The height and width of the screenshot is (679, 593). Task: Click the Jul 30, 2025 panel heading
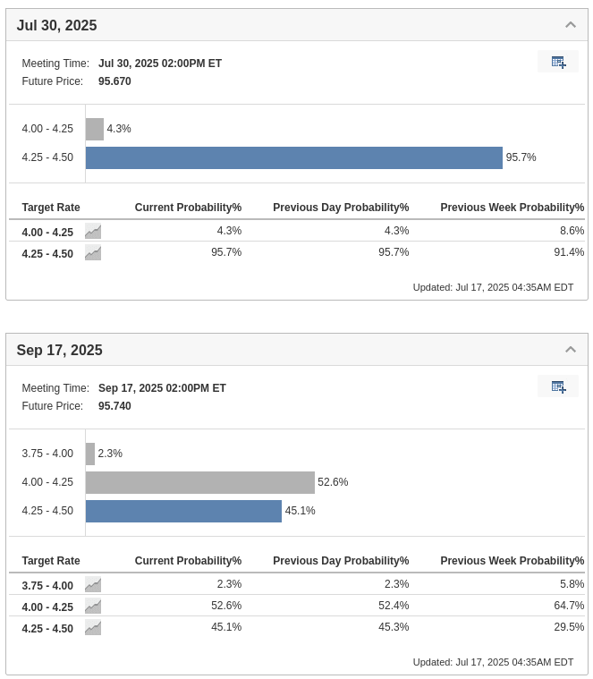[x=56, y=25]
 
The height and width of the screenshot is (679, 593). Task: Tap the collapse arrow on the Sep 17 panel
[x=571, y=350]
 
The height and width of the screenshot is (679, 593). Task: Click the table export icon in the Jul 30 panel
[x=558, y=62]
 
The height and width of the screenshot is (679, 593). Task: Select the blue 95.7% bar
[x=293, y=157]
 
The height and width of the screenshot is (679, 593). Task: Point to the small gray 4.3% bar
[x=95, y=129]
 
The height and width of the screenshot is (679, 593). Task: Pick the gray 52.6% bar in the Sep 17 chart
[x=200, y=482]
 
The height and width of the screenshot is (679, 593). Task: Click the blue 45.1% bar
[x=183, y=511]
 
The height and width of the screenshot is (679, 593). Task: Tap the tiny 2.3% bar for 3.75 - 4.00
[x=90, y=454]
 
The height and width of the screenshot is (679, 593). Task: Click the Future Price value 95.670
[x=114, y=81]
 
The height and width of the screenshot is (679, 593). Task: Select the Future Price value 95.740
[x=114, y=406]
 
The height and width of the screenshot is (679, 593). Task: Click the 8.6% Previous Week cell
[x=572, y=231]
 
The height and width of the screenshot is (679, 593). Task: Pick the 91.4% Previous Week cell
[x=569, y=252]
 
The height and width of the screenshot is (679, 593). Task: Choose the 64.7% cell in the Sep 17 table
[x=569, y=606]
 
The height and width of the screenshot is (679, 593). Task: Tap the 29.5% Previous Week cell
[x=569, y=627]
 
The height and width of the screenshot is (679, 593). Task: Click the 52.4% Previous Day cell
[x=394, y=606]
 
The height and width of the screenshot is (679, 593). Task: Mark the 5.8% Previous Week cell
[x=572, y=584]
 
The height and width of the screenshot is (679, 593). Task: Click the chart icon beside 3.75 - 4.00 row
[x=93, y=585]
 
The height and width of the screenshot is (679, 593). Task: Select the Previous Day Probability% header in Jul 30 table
[x=341, y=208]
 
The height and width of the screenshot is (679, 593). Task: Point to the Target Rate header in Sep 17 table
[x=51, y=561]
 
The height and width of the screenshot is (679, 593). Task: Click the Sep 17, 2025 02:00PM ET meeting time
[x=162, y=388]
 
